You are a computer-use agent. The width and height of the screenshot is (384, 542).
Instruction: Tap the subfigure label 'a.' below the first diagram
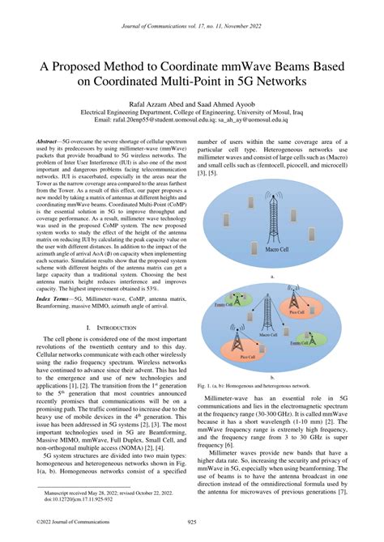(279, 276)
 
